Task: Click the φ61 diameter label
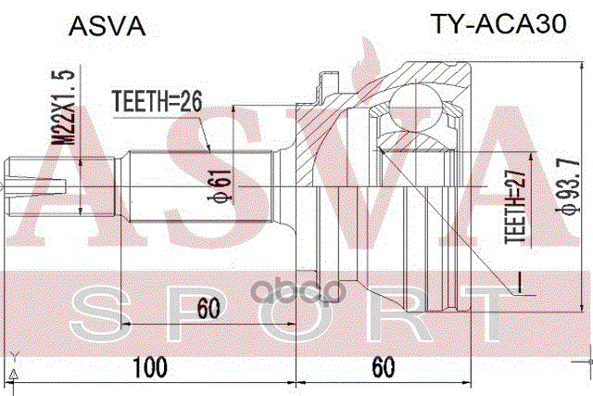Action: point(221,186)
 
